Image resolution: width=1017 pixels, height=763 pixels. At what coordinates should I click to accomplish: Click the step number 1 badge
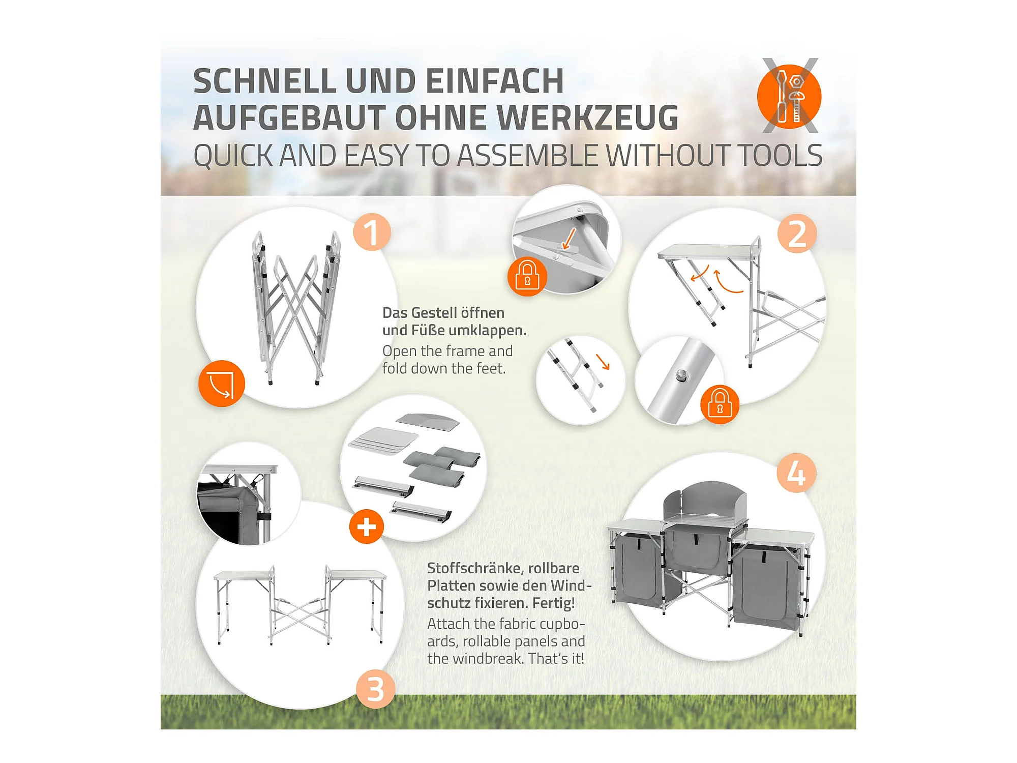point(372,232)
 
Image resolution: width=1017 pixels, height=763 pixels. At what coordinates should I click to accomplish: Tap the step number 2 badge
point(797,233)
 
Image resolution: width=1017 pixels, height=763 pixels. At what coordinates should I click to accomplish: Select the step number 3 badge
point(375,690)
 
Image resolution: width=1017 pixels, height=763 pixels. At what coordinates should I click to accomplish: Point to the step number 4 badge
point(796,473)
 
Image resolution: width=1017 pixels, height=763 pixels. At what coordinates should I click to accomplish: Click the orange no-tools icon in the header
point(789,96)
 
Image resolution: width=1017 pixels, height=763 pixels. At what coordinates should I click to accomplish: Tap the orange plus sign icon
point(367,526)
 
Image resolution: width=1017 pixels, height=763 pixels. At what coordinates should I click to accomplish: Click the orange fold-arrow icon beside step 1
point(222,384)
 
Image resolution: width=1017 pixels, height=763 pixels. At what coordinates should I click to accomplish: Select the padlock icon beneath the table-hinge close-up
point(527,276)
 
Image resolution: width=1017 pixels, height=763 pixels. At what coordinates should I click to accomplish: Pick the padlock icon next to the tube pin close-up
point(720,404)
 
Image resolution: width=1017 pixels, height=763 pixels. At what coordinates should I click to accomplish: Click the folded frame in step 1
point(296,308)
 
